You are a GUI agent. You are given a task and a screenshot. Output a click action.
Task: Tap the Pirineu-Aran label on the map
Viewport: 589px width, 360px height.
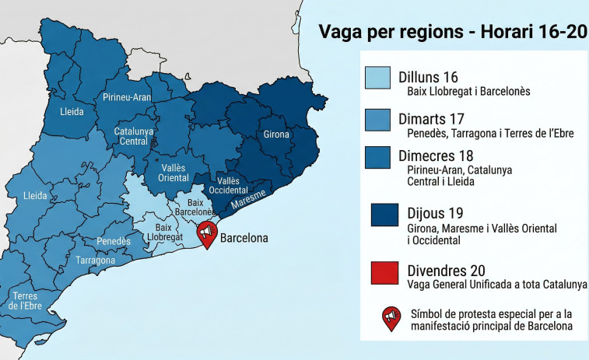(127, 97)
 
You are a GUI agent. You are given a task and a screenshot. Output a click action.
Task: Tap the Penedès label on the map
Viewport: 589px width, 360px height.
(114, 242)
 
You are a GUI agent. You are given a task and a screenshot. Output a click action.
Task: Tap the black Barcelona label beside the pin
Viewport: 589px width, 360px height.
(244, 237)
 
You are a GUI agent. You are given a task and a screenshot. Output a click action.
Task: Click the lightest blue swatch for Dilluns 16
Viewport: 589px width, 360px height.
(378, 78)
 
